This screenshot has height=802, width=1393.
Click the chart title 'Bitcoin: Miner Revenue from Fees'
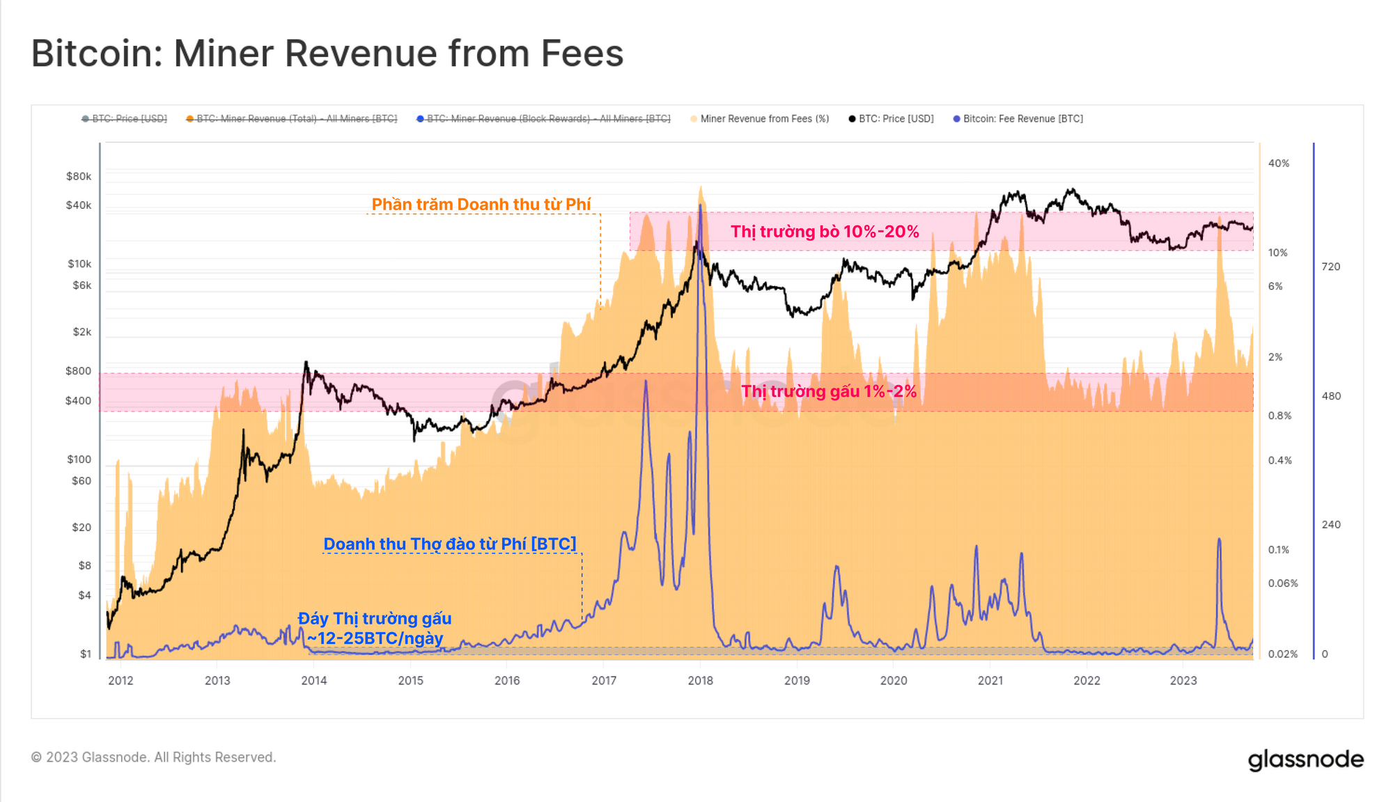point(327,54)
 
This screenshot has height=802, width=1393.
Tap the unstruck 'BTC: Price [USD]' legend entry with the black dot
point(896,119)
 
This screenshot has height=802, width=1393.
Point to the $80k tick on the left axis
point(79,176)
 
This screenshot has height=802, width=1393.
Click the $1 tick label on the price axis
point(86,654)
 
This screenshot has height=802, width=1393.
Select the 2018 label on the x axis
point(700,680)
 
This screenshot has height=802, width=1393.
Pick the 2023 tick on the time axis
point(1183,680)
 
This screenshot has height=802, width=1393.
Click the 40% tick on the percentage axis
point(1278,164)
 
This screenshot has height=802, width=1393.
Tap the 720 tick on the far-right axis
point(1330,267)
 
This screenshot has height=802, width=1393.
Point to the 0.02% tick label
point(1282,654)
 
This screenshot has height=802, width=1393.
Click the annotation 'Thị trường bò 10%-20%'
point(825,232)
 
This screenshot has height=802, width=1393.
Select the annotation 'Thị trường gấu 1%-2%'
point(828,391)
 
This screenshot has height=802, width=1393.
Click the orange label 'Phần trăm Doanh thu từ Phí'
point(481,204)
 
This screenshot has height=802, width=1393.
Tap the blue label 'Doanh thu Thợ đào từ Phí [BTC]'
point(450,544)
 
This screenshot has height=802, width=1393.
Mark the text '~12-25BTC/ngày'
point(375,638)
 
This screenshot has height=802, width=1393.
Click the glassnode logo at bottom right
point(1305,760)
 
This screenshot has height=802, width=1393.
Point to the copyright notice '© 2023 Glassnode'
point(154,757)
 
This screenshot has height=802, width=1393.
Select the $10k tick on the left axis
point(79,264)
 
